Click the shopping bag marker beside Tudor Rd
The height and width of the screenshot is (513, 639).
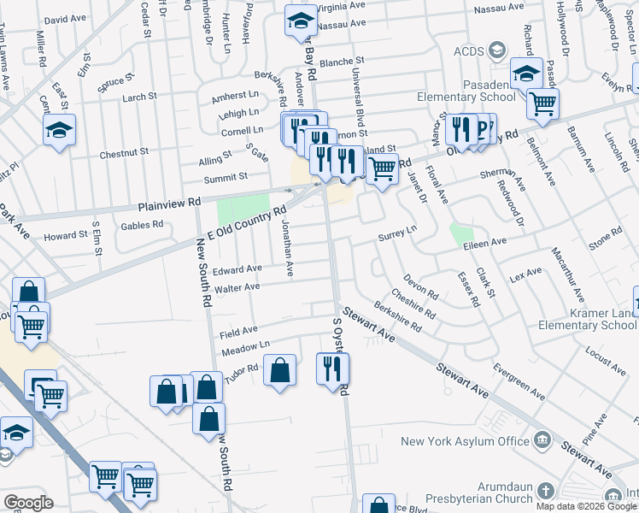pyautogui.click(x=280, y=371)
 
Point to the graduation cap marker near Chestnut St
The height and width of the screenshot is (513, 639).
pyautogui.click(x=59, y=131)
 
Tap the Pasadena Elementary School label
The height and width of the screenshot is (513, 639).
pyautogui.click(x=464, y=91)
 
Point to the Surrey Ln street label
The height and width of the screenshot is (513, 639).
pyautogui.click(x=397, y=231)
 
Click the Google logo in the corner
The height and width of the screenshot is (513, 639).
pyautogui.click(x=28, y=503)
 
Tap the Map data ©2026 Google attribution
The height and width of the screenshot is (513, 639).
pyautogui.click(x=585, y=506)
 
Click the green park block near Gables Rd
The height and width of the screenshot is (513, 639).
pyautogui.click(x=243, y=210)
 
